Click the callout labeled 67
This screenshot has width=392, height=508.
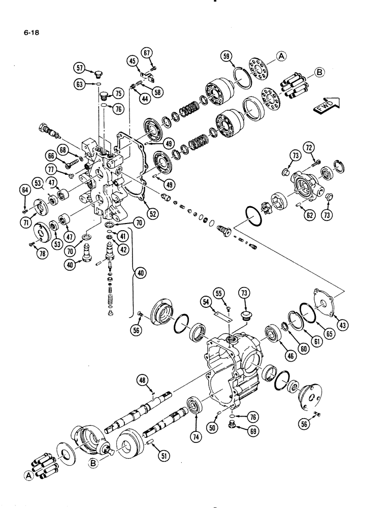147,52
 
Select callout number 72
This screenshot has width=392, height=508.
309,148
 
